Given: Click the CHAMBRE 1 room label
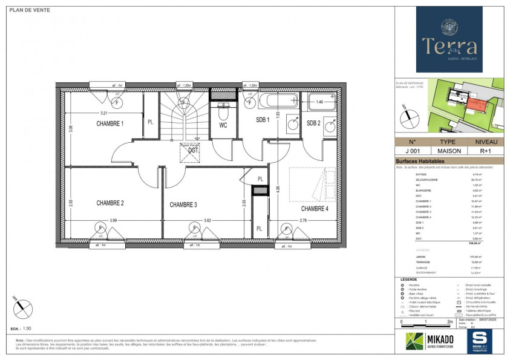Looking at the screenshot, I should point(110,123).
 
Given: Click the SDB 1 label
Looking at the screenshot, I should point(262,120).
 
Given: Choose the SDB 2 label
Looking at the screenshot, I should point(313,123).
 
